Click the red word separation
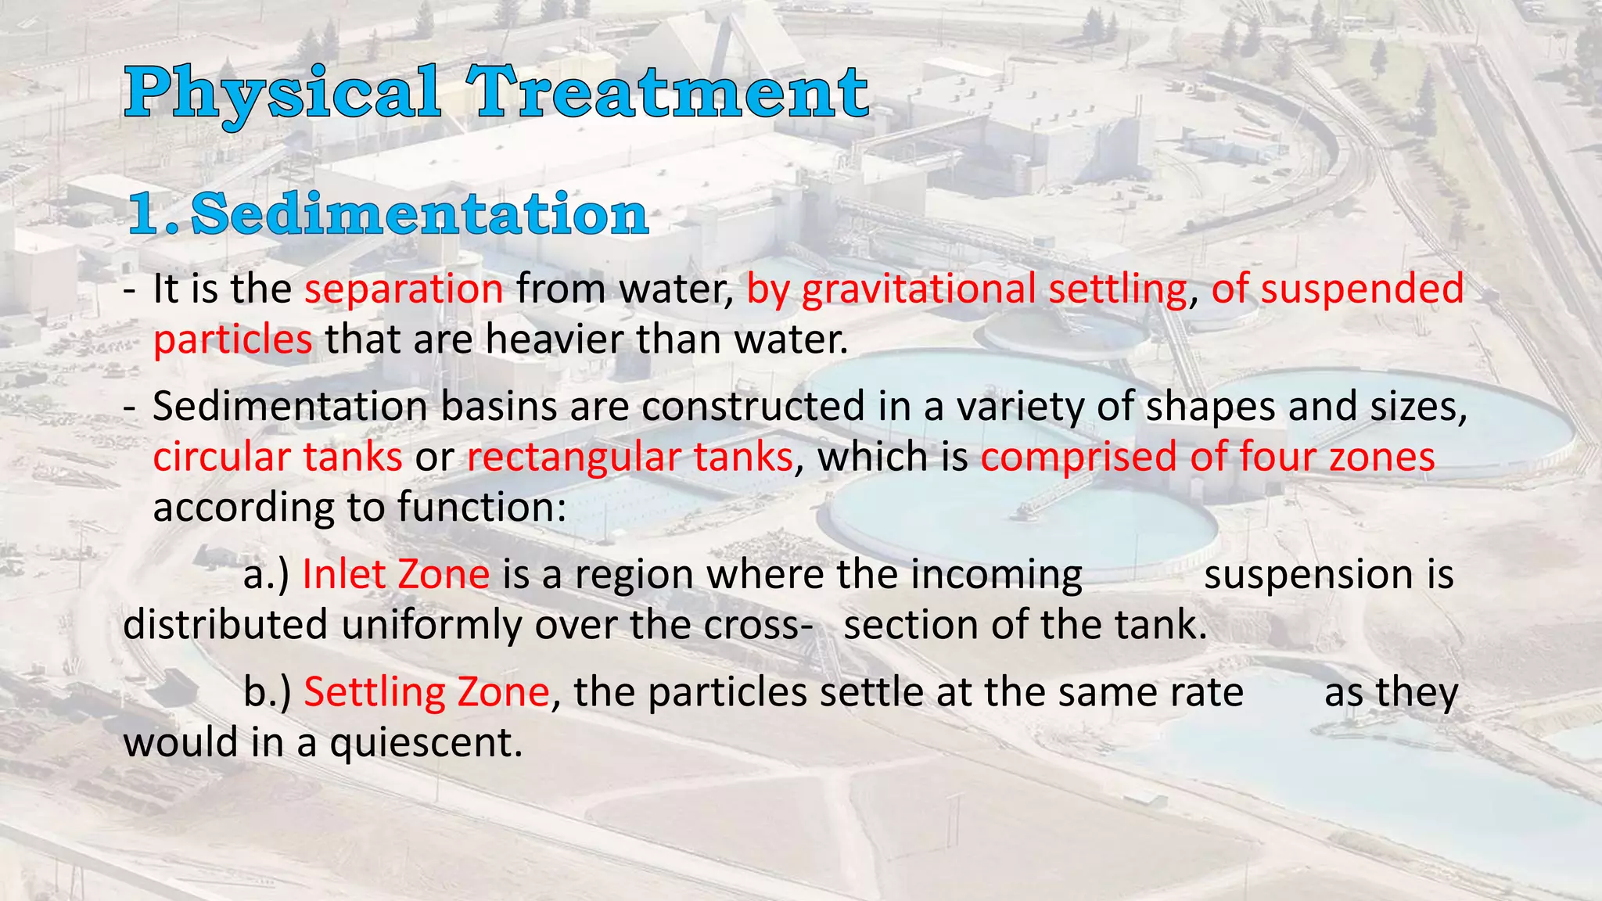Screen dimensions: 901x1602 (x=404, y=289)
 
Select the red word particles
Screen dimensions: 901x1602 (x=232, y=340)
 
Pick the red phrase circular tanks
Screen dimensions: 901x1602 (x=277, y=457)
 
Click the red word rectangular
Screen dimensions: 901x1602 (x=579, y=457)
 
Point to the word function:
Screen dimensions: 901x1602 (x=481, y=508)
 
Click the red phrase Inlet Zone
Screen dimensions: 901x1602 (x=396, y=575)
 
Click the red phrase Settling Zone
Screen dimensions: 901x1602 (x=426, y=693)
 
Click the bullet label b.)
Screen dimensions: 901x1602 (x=268, y=693)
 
